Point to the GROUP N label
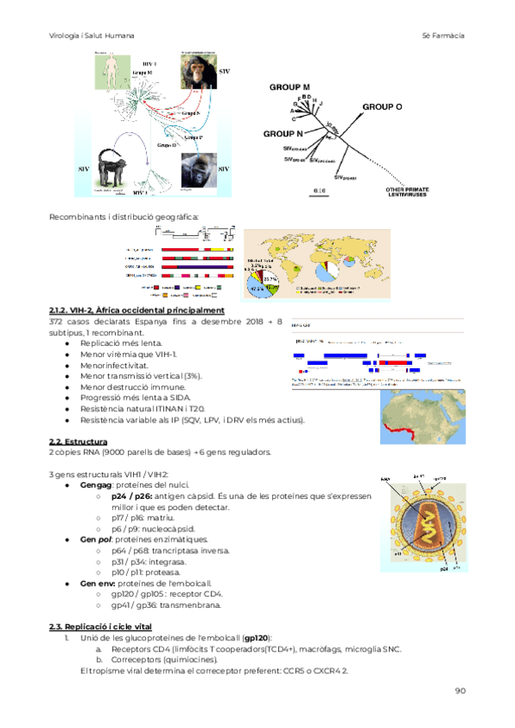[x=282, y=135]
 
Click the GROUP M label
[x=289, y=88]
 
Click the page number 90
[x=460, y=690]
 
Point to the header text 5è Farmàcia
[x=444, y=35]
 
